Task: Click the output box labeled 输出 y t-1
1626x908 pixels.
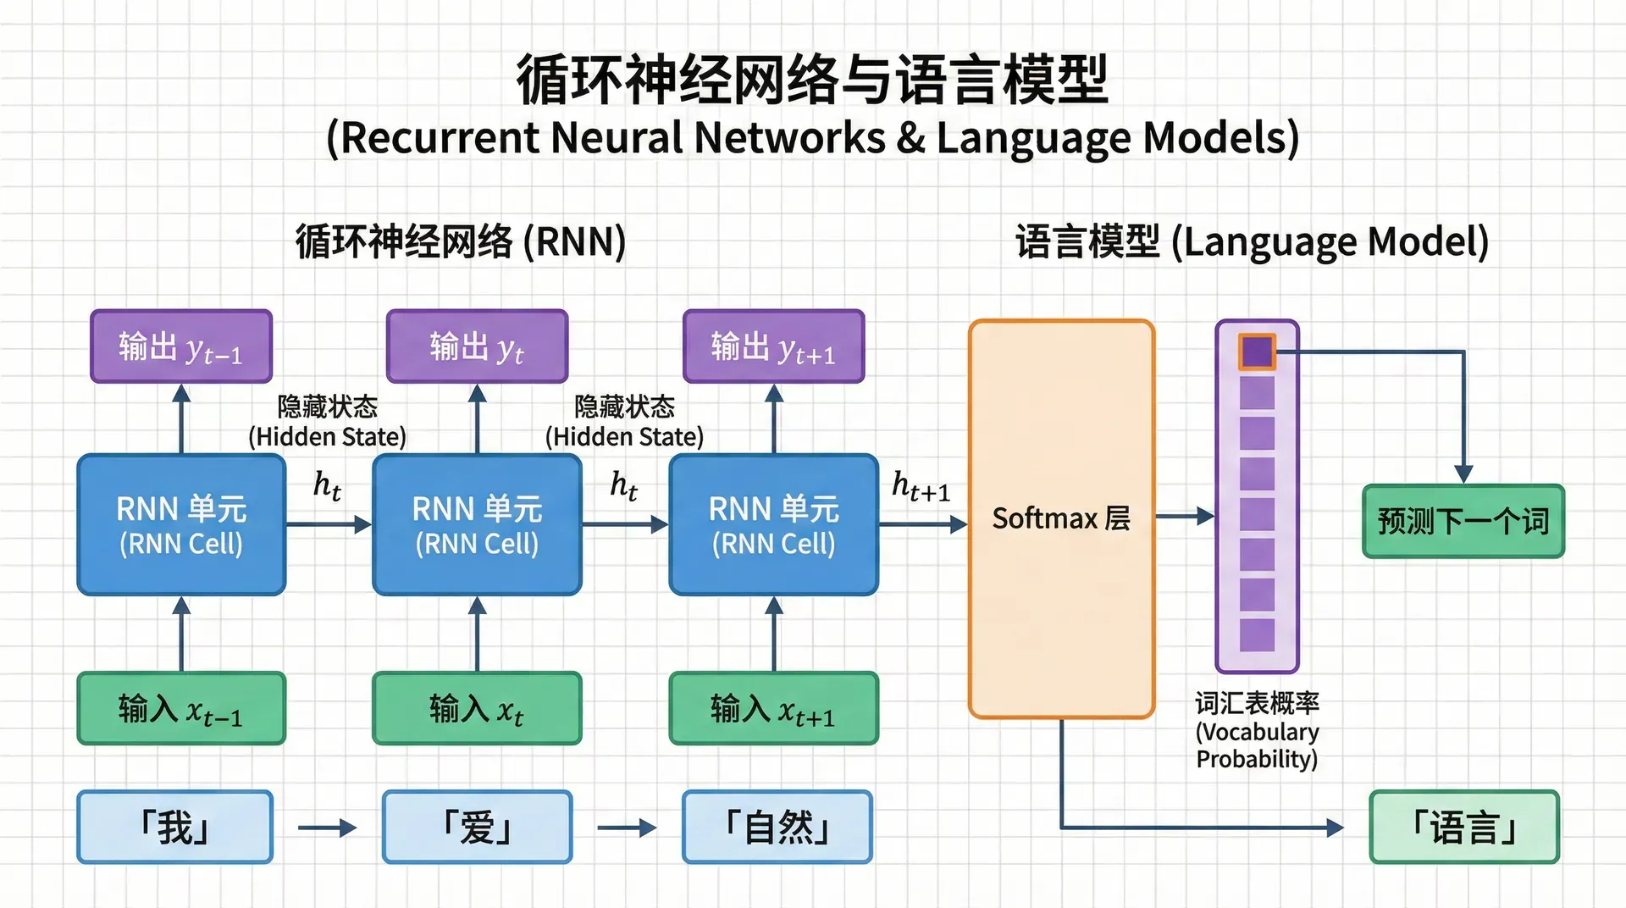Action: [181, 346]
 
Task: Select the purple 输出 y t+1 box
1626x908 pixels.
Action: [774, 346]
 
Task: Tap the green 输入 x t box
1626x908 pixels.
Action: [477, 708]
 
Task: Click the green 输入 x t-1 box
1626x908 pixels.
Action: [181, 708]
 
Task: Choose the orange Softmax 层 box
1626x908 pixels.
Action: [1062, 518]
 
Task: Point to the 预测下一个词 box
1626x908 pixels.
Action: [1463, 521]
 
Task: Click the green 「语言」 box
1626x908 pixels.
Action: [1464, 827]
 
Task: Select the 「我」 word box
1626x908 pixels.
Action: [175, 827]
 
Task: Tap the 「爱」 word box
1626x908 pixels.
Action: [478, 827]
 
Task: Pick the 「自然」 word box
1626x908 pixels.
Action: [777, 827]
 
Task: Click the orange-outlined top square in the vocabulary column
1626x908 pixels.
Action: [1257, 352]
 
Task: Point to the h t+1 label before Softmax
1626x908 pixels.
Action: [921, 487]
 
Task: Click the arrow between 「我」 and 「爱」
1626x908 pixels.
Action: [328, 828]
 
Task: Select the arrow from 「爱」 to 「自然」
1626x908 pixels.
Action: [627, 828]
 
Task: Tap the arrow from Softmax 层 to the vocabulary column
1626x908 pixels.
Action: [1185, 516]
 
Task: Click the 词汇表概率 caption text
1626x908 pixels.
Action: [1258, 703]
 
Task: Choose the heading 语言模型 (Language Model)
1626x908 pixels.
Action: [1253, 242]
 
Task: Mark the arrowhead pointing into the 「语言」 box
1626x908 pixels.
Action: [1336, 828]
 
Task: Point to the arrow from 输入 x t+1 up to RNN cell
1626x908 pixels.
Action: [774, 634]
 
